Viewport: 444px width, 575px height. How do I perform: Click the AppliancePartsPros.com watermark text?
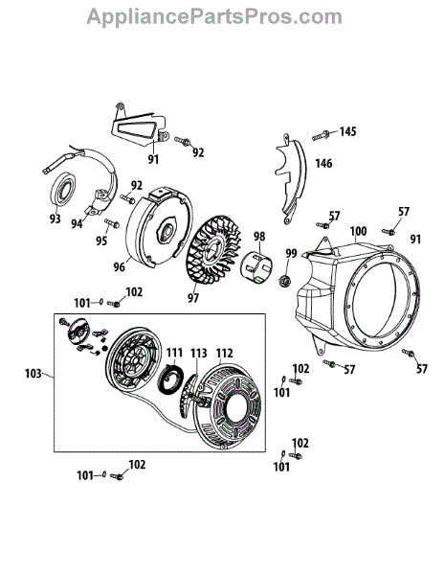pos(214,17)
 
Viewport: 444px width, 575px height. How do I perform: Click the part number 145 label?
pos(347,131)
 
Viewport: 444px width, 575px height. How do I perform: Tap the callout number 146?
pos(323,163)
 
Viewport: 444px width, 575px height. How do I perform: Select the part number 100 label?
pos(358,231)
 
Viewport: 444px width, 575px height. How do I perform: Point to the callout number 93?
pos(55,218)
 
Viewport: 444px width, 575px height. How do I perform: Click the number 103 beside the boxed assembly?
pos(33,374)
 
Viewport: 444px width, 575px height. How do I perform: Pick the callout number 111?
pos(174,353)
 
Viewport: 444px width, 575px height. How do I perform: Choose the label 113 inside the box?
pos(199,353)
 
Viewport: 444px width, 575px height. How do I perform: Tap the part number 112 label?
pos(224,353)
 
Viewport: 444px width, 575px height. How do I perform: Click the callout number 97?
pos(193,298)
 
